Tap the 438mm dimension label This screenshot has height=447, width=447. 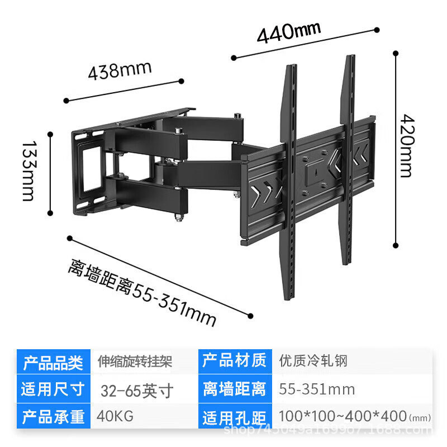click(120, 71)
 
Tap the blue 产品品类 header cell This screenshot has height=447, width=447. click(53, 362)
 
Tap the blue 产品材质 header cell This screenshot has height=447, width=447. click(234, 361)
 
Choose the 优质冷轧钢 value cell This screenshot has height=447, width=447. click(313, 361)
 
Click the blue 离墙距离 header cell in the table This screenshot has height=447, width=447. click(234, 389)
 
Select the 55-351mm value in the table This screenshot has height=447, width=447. click(317, 389)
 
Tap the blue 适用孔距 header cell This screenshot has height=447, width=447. click(234, 416)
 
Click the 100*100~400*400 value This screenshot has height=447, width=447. click(342, 417)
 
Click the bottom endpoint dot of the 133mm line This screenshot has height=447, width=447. click(50, 213)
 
